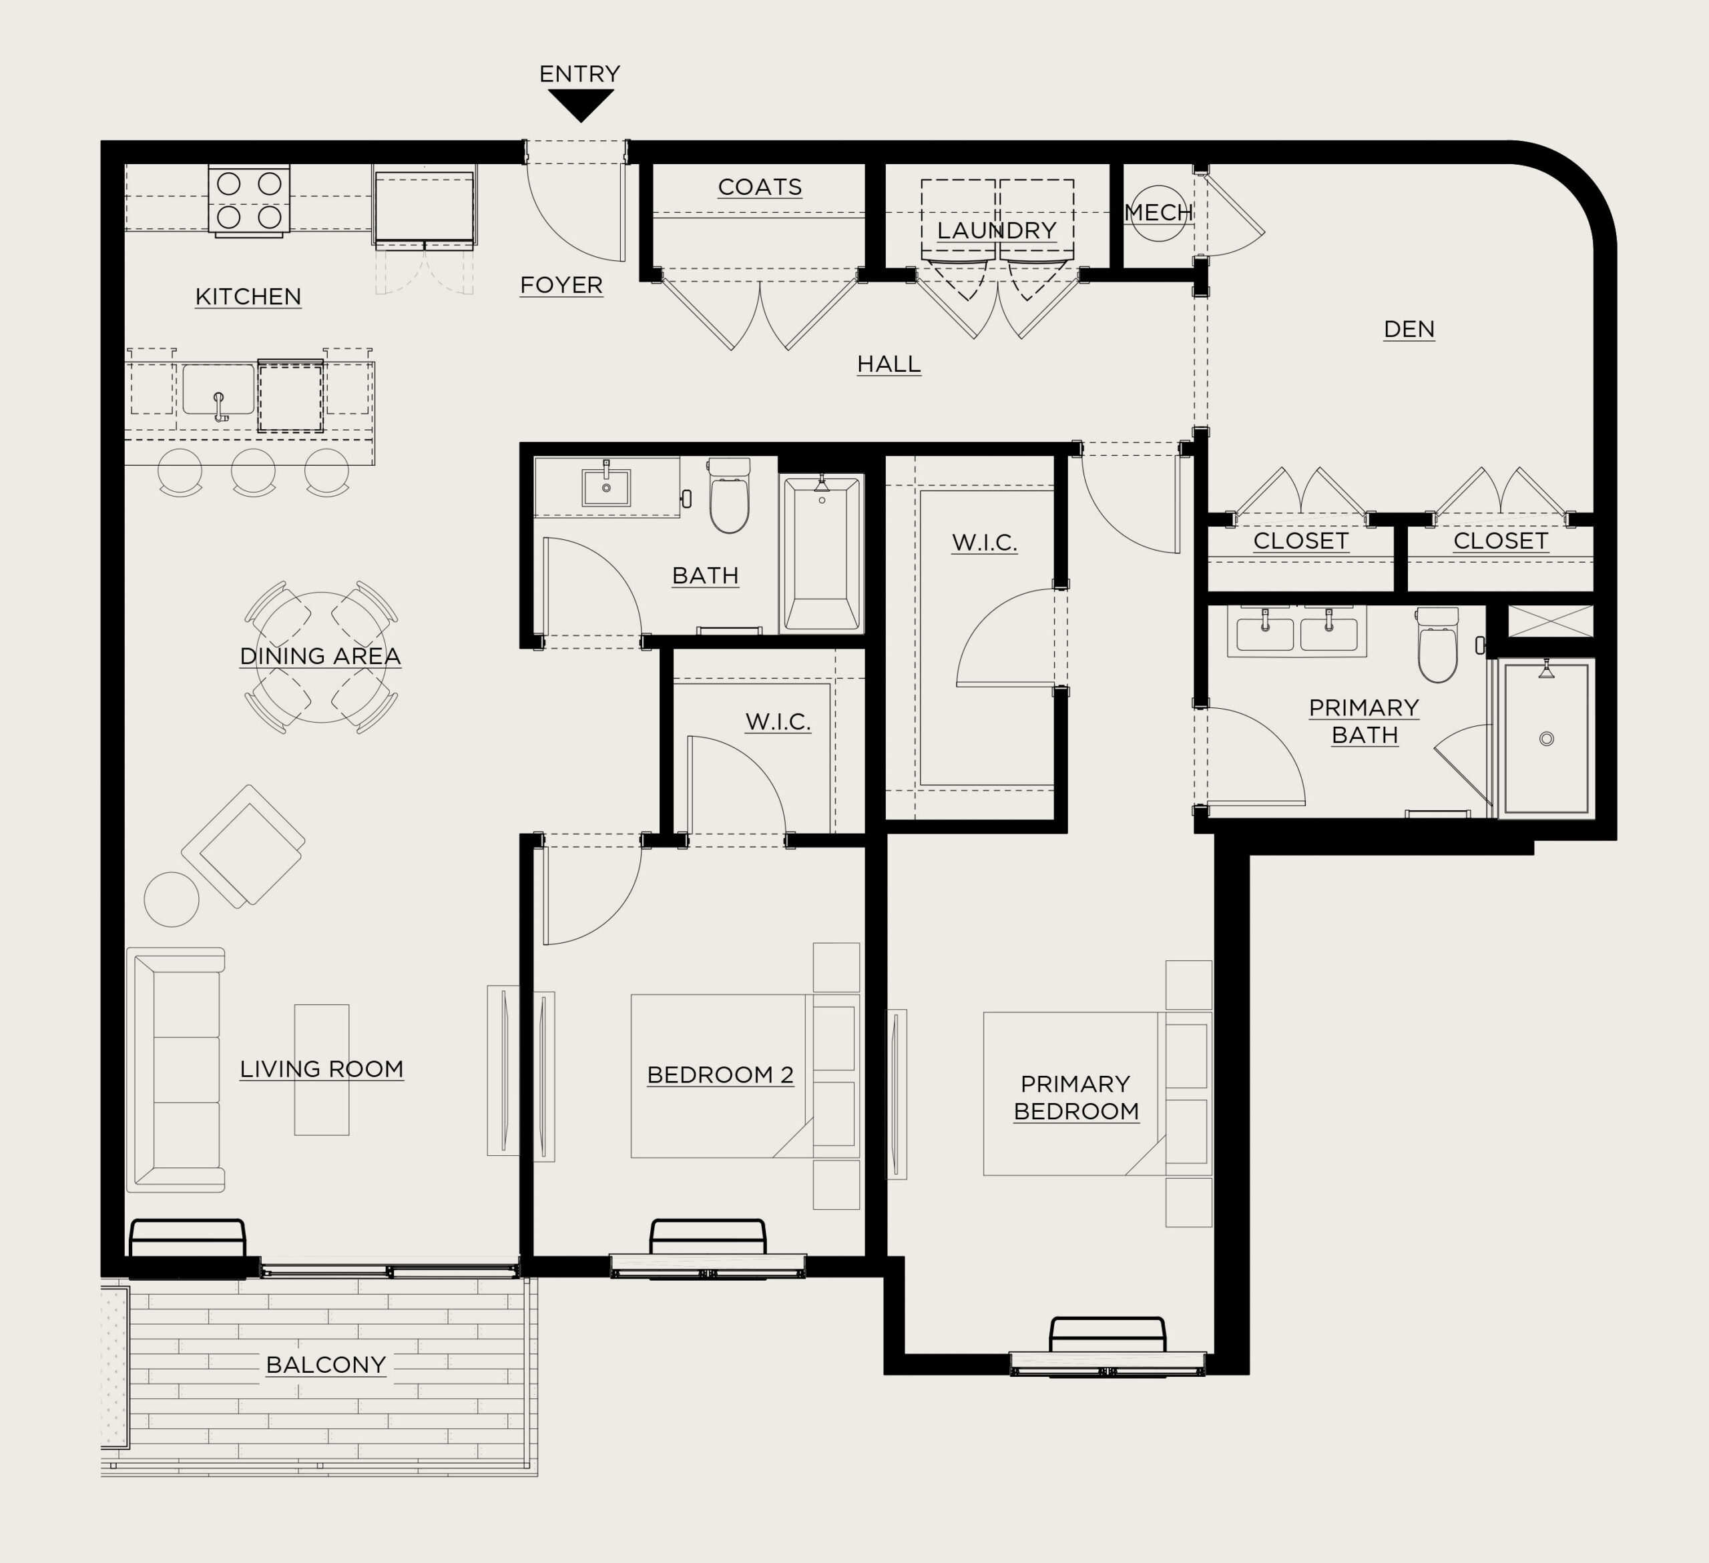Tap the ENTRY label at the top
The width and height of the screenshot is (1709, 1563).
pos(580,73)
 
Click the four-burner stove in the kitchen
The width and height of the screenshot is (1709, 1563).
pos(249,200)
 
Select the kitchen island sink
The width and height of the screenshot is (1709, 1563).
pos(219,391)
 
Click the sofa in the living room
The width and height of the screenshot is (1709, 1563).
pos(176,1070)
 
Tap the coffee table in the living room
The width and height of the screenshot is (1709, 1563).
pos(321,1070)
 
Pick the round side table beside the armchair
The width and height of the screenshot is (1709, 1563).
pos(172,900)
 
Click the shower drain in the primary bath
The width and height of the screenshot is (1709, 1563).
pos(1546,739)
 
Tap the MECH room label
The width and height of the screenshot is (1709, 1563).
pos(1159,213)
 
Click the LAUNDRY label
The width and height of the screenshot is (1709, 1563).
pos(997,230)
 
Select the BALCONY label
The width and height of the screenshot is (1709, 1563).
pos(326,1365)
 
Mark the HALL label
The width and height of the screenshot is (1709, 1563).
pos(889,364)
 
